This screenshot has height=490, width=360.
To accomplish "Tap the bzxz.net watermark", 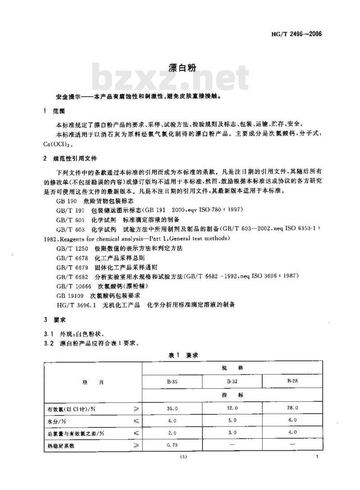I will click(171, 80).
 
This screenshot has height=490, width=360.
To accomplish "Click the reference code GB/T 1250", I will click(72, 248).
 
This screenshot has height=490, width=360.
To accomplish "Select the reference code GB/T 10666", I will click(73, 286).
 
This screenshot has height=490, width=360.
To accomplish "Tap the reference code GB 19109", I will click(72, 296).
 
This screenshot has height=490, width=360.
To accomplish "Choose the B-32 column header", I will click(232, 381).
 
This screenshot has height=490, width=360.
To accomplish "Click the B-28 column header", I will click(292, 381).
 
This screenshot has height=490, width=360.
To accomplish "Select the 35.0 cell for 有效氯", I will click(172, 408).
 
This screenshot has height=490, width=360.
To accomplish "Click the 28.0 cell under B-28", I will click(293, 408).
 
